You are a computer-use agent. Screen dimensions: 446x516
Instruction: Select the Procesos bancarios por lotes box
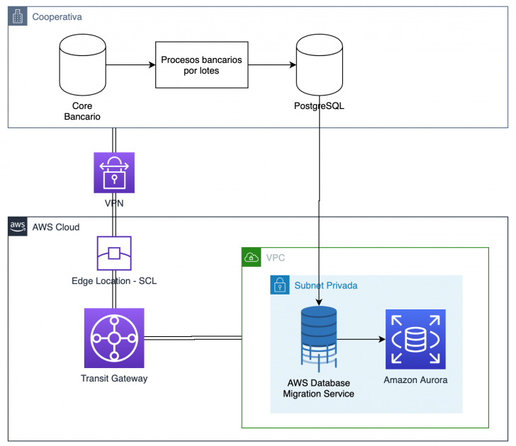202,66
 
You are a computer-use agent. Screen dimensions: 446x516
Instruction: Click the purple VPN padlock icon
114,173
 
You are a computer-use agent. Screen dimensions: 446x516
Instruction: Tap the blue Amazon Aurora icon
415,339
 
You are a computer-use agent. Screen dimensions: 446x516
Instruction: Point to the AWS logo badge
18,227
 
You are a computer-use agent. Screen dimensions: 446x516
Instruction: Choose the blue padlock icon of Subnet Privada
280,285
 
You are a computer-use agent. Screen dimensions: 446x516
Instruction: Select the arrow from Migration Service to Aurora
361,339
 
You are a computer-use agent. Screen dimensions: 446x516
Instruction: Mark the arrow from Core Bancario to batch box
130,66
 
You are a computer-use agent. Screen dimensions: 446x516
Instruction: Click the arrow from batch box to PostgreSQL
272,66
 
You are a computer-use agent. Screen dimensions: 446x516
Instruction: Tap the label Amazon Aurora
415,380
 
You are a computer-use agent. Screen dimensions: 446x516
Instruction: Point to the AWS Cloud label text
56,227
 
